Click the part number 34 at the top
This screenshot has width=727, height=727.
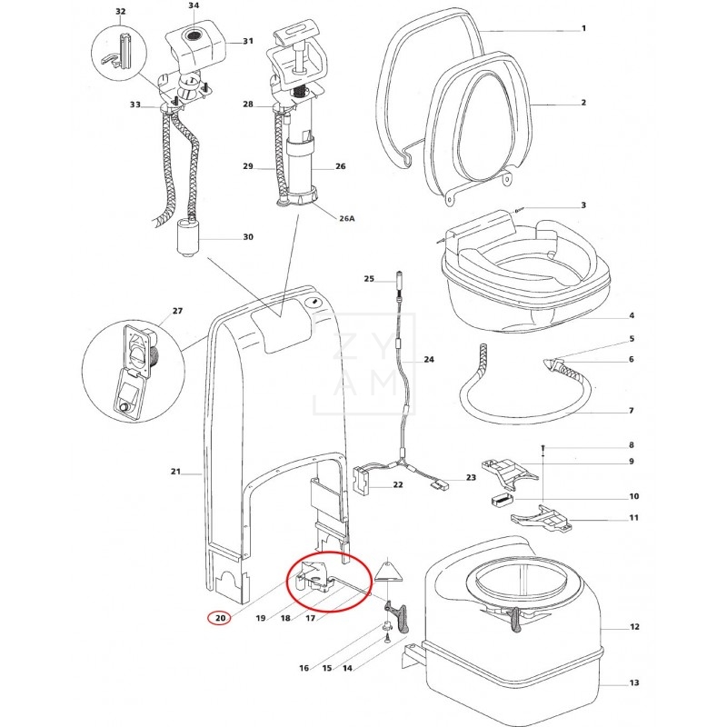[x=193, y=5]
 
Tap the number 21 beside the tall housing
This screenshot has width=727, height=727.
[x=176, y=473]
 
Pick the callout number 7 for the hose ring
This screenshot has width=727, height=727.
[x=631, y=411]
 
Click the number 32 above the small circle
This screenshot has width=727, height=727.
[x=121, y=11]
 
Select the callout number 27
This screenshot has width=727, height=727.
[x=177, y=311]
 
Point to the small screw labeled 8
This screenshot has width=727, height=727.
[x=543, y=448]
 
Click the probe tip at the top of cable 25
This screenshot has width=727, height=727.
[x=399, y=276]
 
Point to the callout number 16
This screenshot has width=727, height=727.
[x=304, y=668]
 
